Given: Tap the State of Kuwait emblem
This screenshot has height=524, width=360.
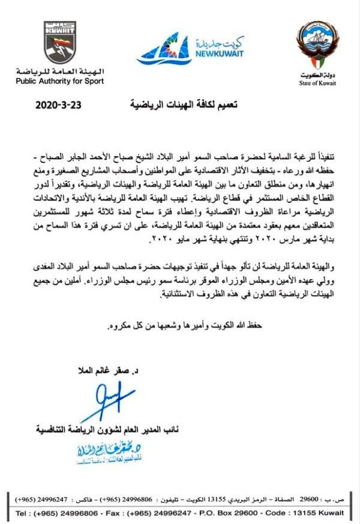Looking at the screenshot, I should tap(317, 45).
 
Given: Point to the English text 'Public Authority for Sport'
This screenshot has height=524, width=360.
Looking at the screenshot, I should tap(59, 80).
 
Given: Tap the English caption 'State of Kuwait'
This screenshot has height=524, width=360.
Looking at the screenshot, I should tap(317, 83).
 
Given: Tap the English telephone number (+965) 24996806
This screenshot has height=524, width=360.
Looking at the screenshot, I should tap(74, 514).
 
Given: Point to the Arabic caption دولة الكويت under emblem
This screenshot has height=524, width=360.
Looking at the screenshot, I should tap(317, 75).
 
